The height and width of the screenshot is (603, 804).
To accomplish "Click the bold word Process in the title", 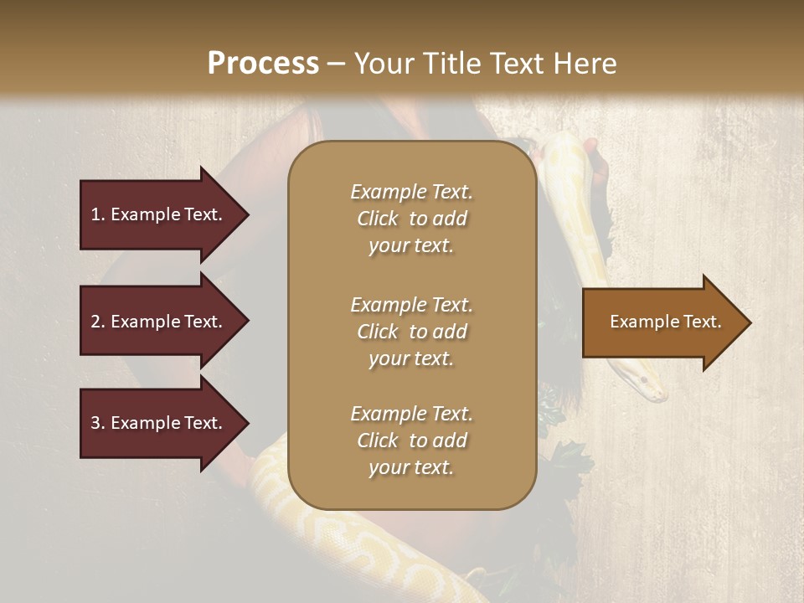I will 263,64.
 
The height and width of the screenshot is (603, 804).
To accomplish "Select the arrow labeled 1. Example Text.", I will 159,214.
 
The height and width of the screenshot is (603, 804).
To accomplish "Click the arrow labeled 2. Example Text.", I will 159,322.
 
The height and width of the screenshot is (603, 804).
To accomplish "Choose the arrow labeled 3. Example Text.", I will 159,423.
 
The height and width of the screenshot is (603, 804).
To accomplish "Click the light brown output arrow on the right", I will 662,322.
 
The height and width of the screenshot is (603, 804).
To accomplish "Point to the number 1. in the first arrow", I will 98,214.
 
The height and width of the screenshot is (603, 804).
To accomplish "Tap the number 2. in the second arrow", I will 98,322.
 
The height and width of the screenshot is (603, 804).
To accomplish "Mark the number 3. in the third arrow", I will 98,423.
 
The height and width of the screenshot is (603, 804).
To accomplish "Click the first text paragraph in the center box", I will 411,219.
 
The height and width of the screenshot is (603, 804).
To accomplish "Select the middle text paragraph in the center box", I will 411,332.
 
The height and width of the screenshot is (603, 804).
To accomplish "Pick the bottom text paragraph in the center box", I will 411,441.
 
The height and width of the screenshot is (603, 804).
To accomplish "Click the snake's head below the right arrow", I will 649,385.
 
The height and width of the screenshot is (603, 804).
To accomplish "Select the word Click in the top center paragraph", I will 378,219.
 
